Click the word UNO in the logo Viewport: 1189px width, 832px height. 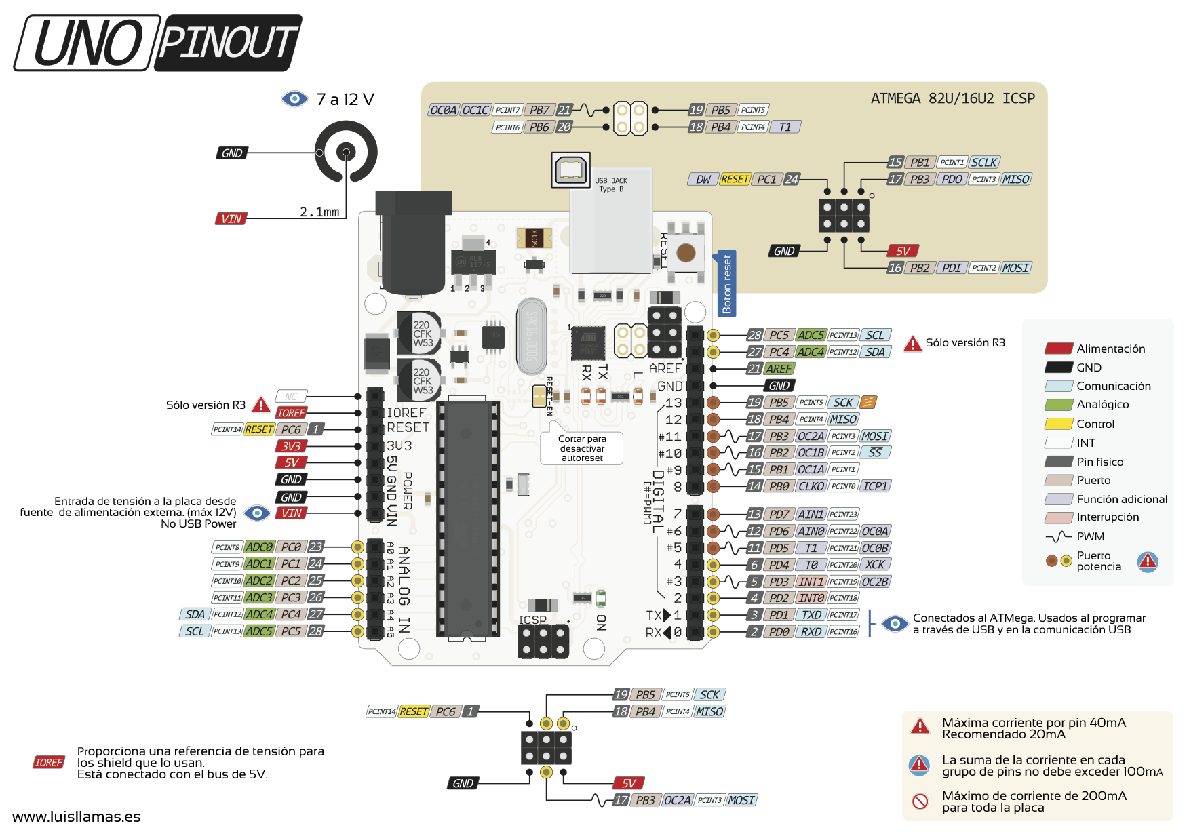coord(87,43)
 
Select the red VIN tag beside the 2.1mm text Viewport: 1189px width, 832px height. coord(231,219)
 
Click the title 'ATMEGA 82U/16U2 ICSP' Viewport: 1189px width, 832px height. coord(952,99)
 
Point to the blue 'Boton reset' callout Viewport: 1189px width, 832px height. coord(726,283)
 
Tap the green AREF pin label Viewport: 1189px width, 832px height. coord(779,369)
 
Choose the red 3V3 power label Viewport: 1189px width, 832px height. coord(291,446)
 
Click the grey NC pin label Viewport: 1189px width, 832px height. coord(291,397)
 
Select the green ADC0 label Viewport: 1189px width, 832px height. coord(259,547)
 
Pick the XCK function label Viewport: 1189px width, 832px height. coord(875,565)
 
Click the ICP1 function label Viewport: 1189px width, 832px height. coord(875,486)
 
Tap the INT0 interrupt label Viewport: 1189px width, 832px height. coord(811,598)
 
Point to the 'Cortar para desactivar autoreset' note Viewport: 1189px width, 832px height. coord(582,449)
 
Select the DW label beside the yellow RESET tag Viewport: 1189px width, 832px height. coord(703,180)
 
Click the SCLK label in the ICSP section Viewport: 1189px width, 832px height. coord(983,163)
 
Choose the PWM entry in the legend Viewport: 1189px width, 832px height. coord(1090,536)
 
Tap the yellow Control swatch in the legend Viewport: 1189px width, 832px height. coord(1058,424)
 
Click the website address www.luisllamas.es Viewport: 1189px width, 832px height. coord(77,817)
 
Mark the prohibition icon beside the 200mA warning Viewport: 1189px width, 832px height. coord(920,801)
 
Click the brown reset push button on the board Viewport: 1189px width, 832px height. coord(686,253)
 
